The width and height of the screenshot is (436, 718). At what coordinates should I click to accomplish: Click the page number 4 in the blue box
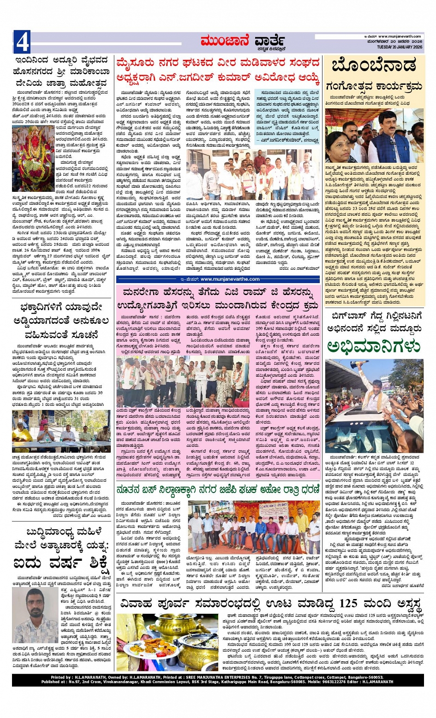(x=22, y=42)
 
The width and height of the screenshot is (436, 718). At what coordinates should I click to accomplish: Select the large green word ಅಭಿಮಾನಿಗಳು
(x=374, y=346)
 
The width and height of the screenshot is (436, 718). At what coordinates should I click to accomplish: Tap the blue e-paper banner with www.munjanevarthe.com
(x=218, y=279)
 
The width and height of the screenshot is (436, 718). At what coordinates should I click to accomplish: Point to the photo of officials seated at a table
(x=61, y=432)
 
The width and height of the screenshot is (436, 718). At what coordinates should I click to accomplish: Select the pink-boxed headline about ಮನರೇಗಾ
(x=218, y=298)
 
